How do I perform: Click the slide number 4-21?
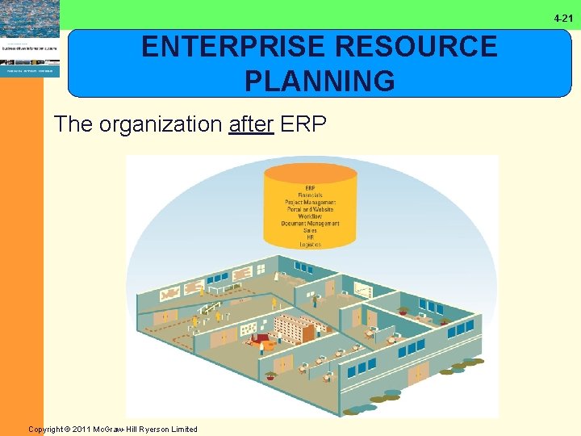(563, 18)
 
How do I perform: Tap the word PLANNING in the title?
(320, 81)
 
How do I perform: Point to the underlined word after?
(251, 124)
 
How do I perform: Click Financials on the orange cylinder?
(310, 195)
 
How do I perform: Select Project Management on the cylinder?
(310, 203)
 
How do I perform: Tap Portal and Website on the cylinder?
(310, 210)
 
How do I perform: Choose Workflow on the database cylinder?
(310, 216)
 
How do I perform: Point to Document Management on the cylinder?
(310, 224)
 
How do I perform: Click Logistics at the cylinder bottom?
(310, 245)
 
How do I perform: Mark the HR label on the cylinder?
(310, 237)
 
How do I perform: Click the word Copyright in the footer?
(48, 429)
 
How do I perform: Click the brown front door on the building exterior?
(418, 373)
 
